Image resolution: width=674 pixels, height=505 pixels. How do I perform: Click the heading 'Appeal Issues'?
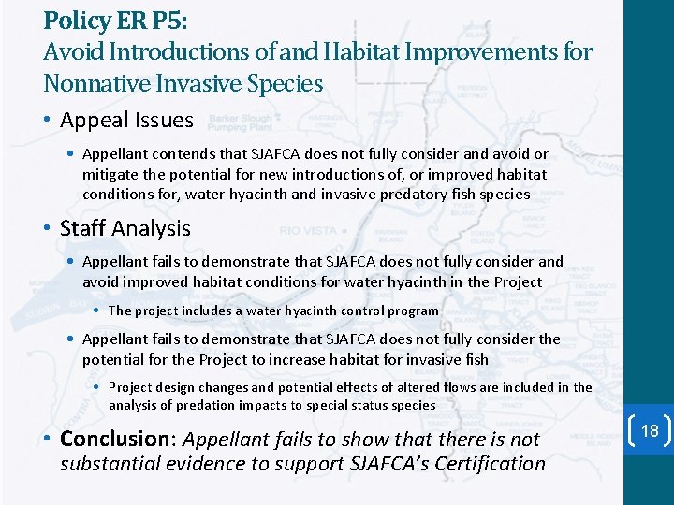pyautogui.click(x=126, y=120)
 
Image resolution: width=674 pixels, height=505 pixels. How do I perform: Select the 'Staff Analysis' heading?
pyautogui.click(x=125, y=228)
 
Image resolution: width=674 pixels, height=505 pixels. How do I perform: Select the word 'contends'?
pyautogui.click(x=178, y=154)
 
